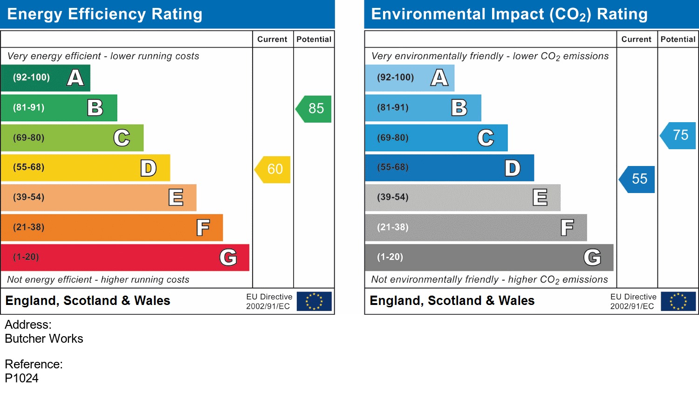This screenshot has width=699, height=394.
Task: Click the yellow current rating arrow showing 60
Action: (273, 169)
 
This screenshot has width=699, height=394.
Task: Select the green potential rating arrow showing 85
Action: (315, 109)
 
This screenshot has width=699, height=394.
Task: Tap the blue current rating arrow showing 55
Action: (638, 179)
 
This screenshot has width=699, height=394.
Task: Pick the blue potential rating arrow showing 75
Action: (679, 135)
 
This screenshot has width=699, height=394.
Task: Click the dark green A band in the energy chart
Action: (45, 78)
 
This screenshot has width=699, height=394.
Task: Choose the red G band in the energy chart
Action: (125, 257)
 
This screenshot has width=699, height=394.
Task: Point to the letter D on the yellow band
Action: (148, 168)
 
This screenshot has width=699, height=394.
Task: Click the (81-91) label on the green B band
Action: (29, 108)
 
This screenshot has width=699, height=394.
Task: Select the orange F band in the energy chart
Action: (112, 228)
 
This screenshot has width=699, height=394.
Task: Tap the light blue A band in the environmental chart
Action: (409, 78)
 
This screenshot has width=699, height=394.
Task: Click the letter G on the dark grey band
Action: (592, 257)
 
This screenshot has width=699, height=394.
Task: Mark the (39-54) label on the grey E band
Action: (393, 197)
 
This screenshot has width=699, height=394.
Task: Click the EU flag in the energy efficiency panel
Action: (314, 301)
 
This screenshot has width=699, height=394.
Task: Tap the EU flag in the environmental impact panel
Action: (678, 301)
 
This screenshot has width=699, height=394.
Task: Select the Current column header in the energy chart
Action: (272, 40)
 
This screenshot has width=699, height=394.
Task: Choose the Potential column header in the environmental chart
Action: (678, 40)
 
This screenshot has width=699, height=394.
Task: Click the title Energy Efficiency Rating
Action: (105, 14)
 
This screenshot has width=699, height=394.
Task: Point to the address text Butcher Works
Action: (44, 339)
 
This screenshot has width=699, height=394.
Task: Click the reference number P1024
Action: (22, 378)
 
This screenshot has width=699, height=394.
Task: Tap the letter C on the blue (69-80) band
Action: (486, 138)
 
